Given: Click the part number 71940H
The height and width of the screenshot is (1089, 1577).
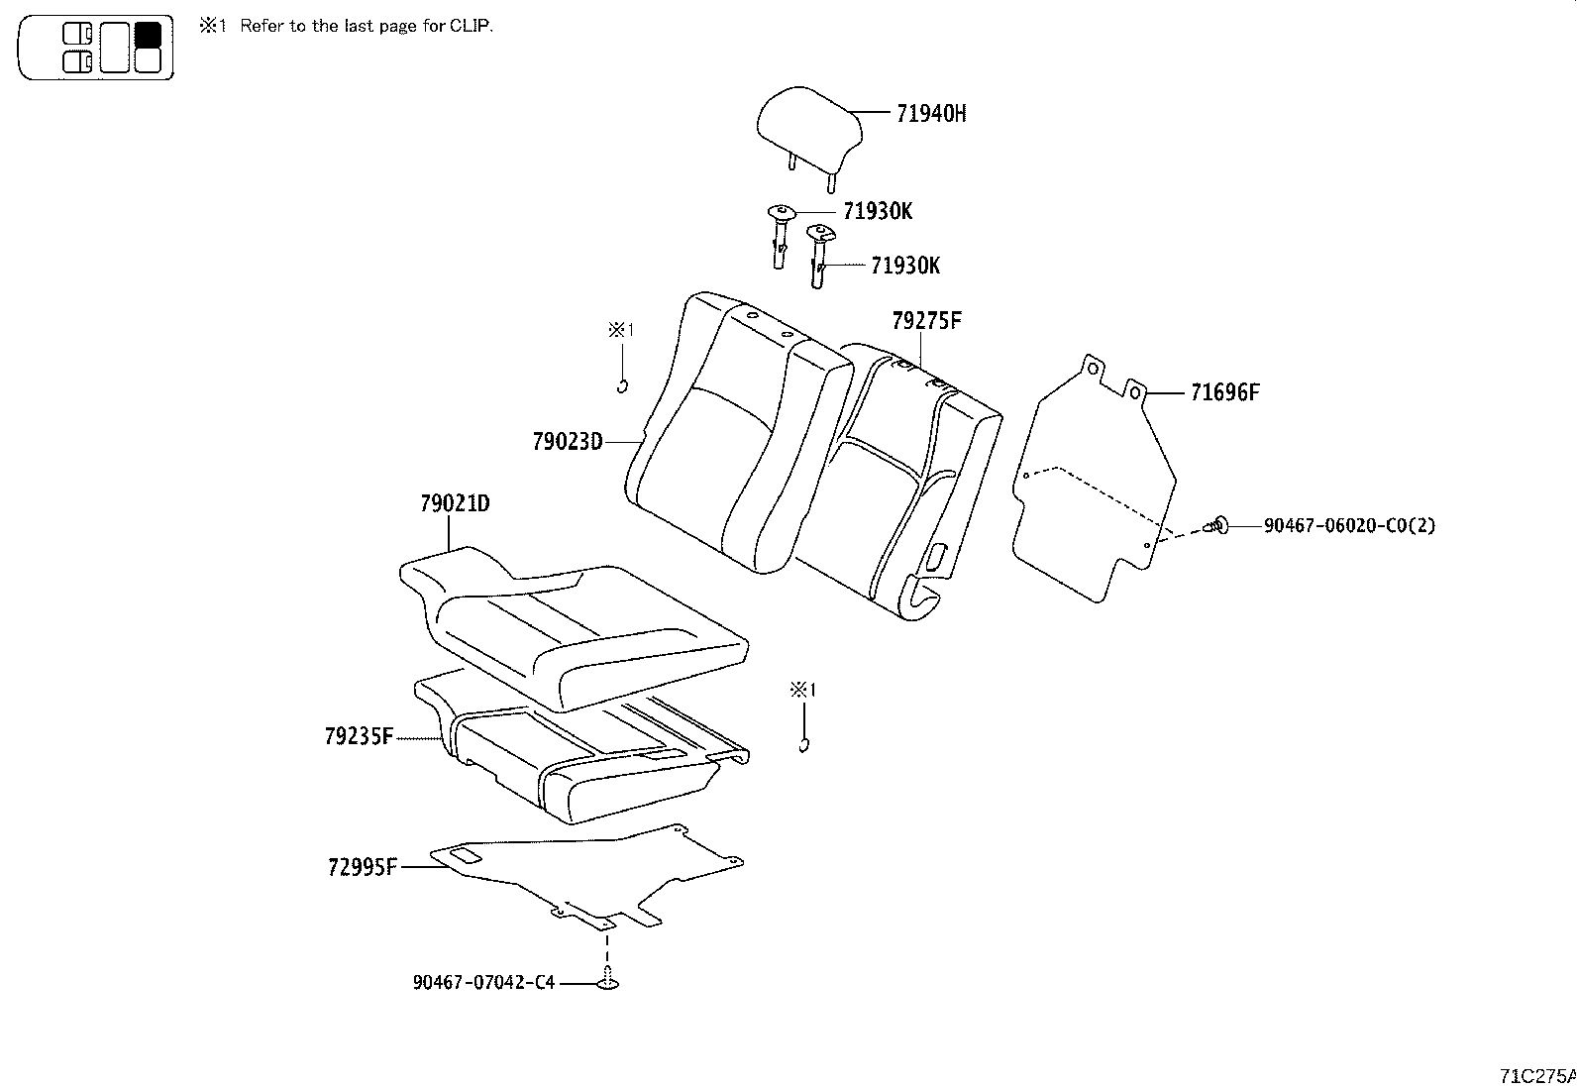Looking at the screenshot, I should (930, 113).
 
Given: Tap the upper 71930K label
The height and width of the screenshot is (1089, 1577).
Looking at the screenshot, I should (878, 211).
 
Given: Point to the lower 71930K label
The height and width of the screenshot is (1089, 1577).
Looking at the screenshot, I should (905, 266).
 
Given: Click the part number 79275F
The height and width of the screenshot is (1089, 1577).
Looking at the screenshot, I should (926, 320).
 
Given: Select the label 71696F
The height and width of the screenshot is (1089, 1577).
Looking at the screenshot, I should (1224, 392).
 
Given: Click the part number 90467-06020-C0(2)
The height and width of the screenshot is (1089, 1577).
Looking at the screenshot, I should (1348, 525).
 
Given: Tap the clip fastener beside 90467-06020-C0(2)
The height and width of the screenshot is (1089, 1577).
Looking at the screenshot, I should (1218, 525).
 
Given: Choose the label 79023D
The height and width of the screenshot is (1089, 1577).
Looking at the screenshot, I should (567, 441).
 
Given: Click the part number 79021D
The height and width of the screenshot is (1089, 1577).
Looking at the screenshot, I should (454, 503).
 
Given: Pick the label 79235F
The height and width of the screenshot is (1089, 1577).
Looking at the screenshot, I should (359, 736).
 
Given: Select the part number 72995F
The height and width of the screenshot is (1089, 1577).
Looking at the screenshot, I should (362, 868).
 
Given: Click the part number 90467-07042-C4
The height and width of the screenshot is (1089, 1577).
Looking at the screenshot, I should (483, 983).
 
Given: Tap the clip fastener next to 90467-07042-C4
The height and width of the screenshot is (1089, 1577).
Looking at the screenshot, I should (608, 981).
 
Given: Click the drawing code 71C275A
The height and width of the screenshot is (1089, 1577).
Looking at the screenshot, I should (1536, 1075).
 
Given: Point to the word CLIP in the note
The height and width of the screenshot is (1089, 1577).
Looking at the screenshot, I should (472, 26).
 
